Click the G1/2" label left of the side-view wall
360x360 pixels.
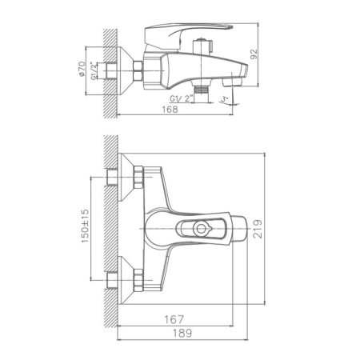tap(95, 73)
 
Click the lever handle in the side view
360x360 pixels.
tap(188, 34)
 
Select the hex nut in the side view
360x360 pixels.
tap(136, 71)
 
